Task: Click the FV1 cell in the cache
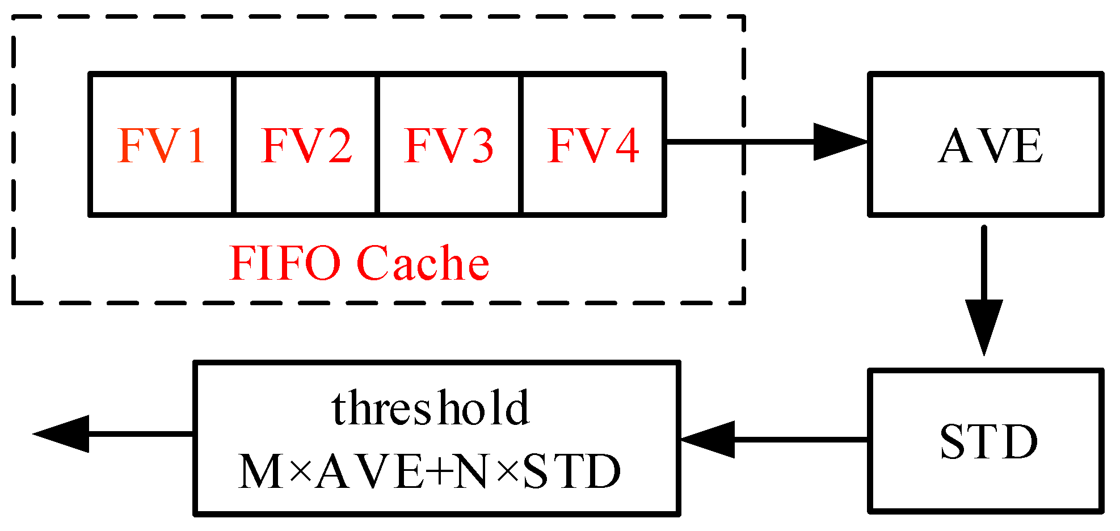click(162, 145)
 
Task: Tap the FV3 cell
click(449, 145)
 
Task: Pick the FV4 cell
click(593, 145)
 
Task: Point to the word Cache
click(423, 263)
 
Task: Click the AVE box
click(986, 144)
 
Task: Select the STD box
click(986, 441)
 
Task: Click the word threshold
click(431, 408)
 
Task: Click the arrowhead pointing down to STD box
click(984, 326)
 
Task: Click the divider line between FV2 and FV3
click(377, 145)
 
